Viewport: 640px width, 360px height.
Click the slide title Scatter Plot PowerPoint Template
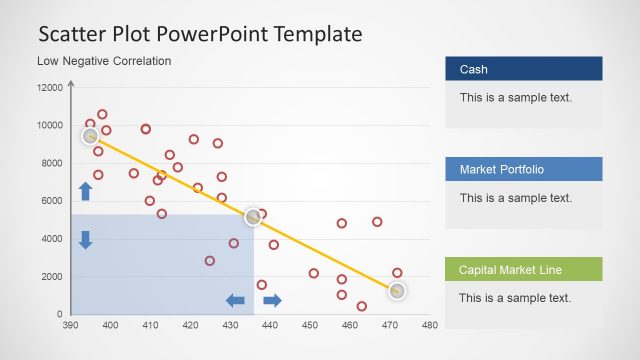[x=200, y=34]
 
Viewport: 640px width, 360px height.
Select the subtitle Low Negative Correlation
[x=104, y=61]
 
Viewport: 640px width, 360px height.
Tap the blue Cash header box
[x=523, y=69]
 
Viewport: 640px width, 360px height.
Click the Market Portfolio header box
[x=523, y=169]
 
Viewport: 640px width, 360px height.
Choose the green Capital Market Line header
[x=523, y=269]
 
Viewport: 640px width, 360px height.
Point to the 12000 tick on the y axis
[x=50, y=88]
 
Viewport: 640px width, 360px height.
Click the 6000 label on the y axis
[x=50, y=201]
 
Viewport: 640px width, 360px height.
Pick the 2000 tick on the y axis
[x=50, y=277]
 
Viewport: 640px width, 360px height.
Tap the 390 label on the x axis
[x=70, y=325]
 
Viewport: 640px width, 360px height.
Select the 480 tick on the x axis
[x=430, y=325]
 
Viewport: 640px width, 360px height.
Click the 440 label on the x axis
[x=270, y=325]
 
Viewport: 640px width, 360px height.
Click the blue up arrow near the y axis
[x=85, y=191]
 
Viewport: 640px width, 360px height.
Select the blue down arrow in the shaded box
[x=85, y=239]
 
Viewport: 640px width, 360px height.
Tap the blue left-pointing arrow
[x=236, y=300]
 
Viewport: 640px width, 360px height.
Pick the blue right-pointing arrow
[x=272, y=300]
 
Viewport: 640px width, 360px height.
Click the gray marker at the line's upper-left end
[x=90, y=136]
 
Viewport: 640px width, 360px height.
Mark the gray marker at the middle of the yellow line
[x=254, y=216]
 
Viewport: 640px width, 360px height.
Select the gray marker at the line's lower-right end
[x=397, y=290]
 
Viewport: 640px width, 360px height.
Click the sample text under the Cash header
[x=515, y=98]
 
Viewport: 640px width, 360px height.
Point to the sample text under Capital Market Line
[x=515, y=298]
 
